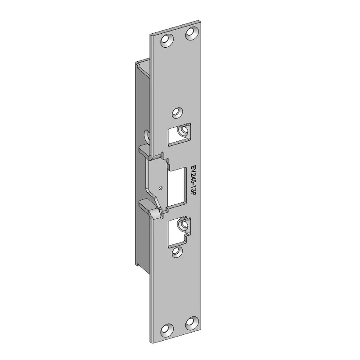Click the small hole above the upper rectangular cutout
coord(177,113)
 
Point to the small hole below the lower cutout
coord(177,252)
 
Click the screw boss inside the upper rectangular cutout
coord(184,130)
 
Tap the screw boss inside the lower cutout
coord(183,224)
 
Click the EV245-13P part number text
coord(193,180)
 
